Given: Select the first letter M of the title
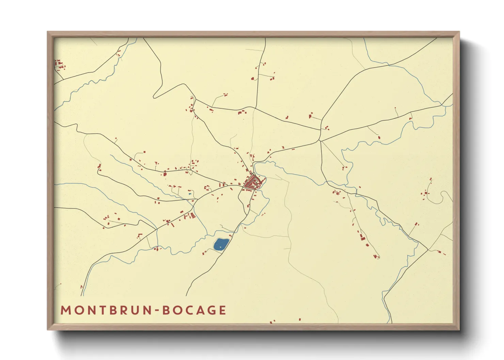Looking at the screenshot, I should pyautogui.click(x=65, y=310).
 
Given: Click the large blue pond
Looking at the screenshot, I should pyautogui.click(x=221, y=244).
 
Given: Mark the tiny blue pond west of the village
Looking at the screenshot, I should pyautogui.click(x=190, y=194).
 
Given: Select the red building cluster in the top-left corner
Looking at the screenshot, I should pyautogui.click(x=60, y=65).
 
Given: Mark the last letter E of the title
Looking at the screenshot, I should pyautogui.click(x=222, y=310).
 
